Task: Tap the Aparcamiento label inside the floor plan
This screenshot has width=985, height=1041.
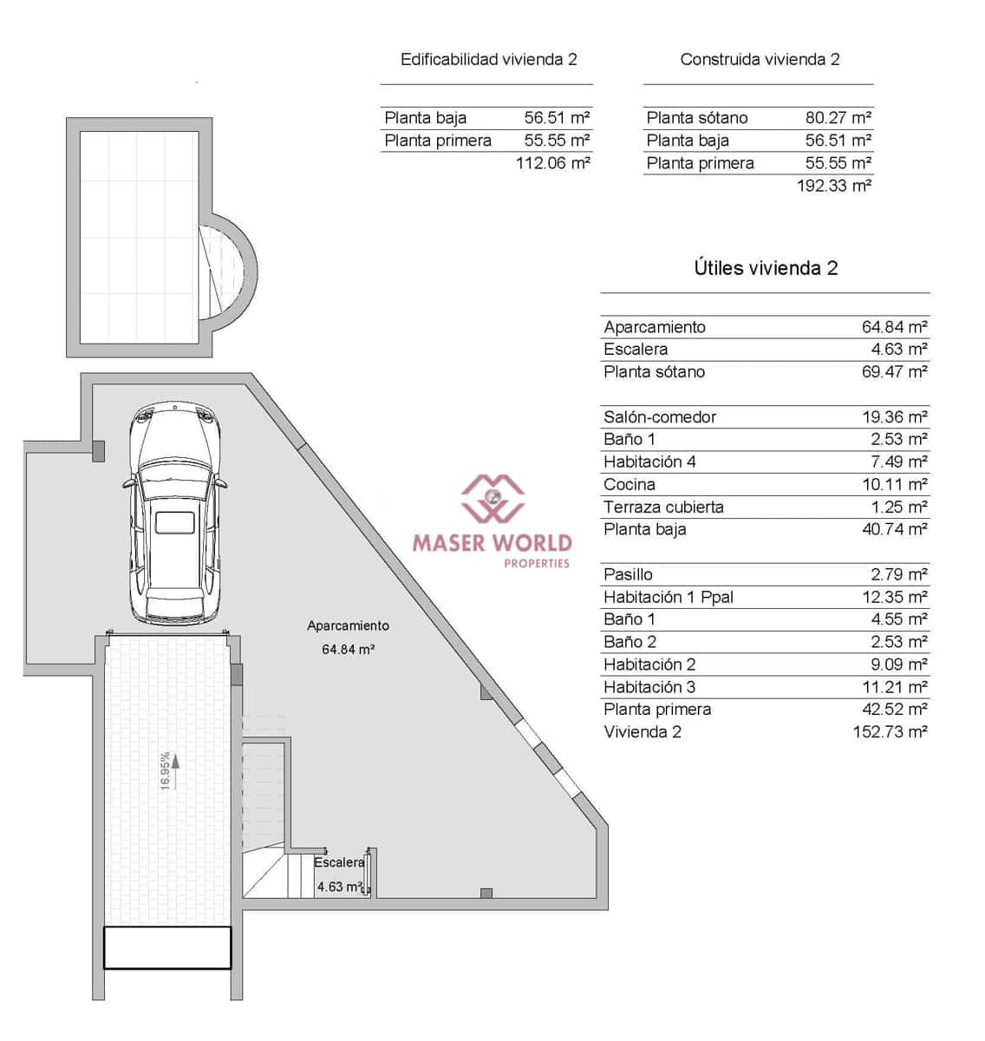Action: coord(348,625)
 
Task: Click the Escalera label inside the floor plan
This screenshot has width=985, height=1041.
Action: coord(339,862)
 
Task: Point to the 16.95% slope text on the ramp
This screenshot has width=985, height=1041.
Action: coord(166,770)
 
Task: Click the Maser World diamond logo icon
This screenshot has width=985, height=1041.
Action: coord(492,498)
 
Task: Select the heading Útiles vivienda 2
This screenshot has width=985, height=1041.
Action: coord(766,268)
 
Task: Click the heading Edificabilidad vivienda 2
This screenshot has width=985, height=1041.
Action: coord(488,60)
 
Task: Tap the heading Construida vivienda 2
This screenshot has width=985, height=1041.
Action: coord(760,60)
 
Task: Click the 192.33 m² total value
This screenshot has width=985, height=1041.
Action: coord(833,186)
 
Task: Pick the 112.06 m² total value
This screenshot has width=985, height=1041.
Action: coord(552,163)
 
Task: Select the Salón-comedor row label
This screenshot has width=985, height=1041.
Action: coord(660,417)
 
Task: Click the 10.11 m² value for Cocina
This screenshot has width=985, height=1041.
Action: coord(894,485)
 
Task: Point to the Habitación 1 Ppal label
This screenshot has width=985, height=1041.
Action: coord(668,597)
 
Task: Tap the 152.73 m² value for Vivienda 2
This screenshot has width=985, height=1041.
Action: coord(890,732)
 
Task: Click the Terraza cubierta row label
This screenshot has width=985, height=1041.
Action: coord(663,507)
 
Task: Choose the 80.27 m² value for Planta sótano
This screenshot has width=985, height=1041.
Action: coord(838,118)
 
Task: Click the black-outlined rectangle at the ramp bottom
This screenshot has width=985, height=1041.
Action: coord(167,947)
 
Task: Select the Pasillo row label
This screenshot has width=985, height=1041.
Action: coord(628,574)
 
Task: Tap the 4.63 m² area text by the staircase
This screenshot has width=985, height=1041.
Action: coord(339,887)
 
